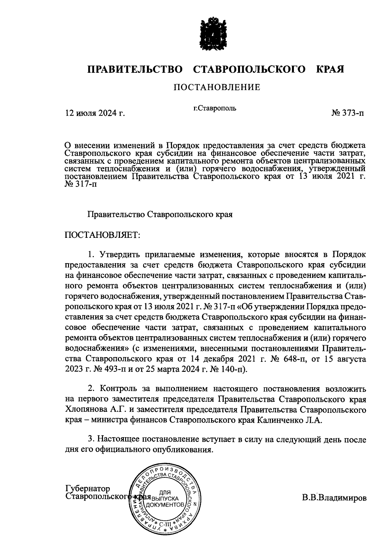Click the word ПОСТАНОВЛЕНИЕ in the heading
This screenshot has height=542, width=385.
point(217,87)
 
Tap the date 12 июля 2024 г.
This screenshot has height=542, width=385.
point(95,113)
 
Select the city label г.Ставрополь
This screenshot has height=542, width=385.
point(215,108)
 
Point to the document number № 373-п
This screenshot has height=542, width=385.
point(348,113)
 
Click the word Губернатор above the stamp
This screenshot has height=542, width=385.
point(88,488)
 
